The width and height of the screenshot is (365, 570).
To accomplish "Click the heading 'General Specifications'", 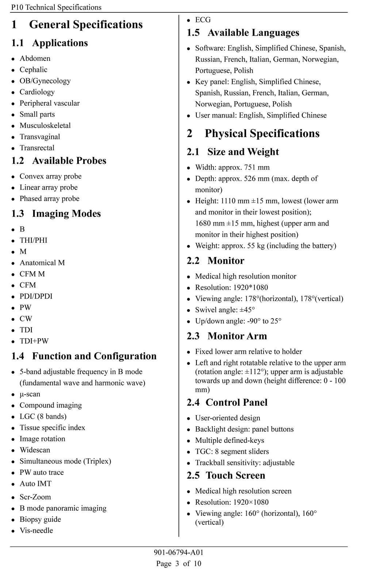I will pos(86,25).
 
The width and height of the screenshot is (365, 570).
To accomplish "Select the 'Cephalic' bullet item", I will pos(33,70).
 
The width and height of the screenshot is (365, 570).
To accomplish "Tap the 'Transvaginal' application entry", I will pos(40,137).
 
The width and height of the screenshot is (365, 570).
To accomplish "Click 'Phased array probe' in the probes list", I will pos(49,199).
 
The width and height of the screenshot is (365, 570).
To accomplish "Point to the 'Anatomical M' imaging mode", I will pos(42,263).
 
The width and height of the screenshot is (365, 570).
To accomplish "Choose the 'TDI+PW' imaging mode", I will pos(34,341).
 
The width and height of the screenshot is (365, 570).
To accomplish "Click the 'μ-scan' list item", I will pos(30,394).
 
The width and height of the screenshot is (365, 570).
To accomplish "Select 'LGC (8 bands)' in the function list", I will pos(43,417).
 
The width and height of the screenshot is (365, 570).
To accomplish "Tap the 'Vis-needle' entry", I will pos(36,531).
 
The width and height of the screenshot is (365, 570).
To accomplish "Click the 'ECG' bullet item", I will pos(203,20).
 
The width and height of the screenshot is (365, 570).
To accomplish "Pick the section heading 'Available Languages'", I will pos(253,33).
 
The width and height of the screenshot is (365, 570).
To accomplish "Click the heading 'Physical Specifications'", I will pos(262,133).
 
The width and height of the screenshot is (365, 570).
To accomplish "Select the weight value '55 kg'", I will pos(256,246).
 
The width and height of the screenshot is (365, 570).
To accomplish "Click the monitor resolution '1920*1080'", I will pos(250,288).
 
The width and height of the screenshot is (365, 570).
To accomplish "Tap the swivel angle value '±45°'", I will pos(246,310).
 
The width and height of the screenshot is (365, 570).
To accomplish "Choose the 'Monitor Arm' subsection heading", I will pos(237,336).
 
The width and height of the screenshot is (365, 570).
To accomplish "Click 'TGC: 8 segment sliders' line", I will pos(232,452).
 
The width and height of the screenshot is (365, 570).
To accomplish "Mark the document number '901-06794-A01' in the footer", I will pos(178,553).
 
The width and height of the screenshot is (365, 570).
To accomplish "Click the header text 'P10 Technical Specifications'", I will pos(56,7).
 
